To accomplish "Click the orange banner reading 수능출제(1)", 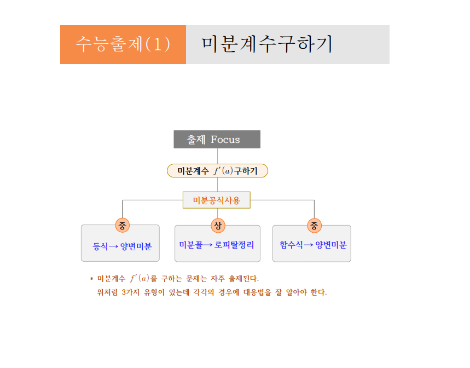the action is [123, 44].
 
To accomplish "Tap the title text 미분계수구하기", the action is [267, 44].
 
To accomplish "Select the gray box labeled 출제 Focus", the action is [217, 139].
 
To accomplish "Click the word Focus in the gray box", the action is [225, 140].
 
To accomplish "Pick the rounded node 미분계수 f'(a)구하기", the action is [217, 171].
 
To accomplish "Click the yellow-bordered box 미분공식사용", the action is [217, 200].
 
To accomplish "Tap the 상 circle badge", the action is [218, 225].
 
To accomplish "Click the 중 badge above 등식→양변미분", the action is [123, 225].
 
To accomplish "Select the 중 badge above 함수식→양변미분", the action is [314, 226].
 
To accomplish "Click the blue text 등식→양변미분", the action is [123, 246].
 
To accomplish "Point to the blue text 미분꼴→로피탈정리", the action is [217, 245].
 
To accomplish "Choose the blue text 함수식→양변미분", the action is [313, 245].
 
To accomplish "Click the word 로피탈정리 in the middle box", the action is [234, 245].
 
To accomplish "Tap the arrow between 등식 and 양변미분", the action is [113, 246].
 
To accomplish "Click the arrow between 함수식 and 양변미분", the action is [309, 245].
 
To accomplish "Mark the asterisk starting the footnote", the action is [91, 279].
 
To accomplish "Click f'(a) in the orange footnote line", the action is [140, 278].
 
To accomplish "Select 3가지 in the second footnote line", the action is [131, 292].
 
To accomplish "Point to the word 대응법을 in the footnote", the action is [257, 292].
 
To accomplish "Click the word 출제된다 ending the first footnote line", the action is [243, 279].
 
